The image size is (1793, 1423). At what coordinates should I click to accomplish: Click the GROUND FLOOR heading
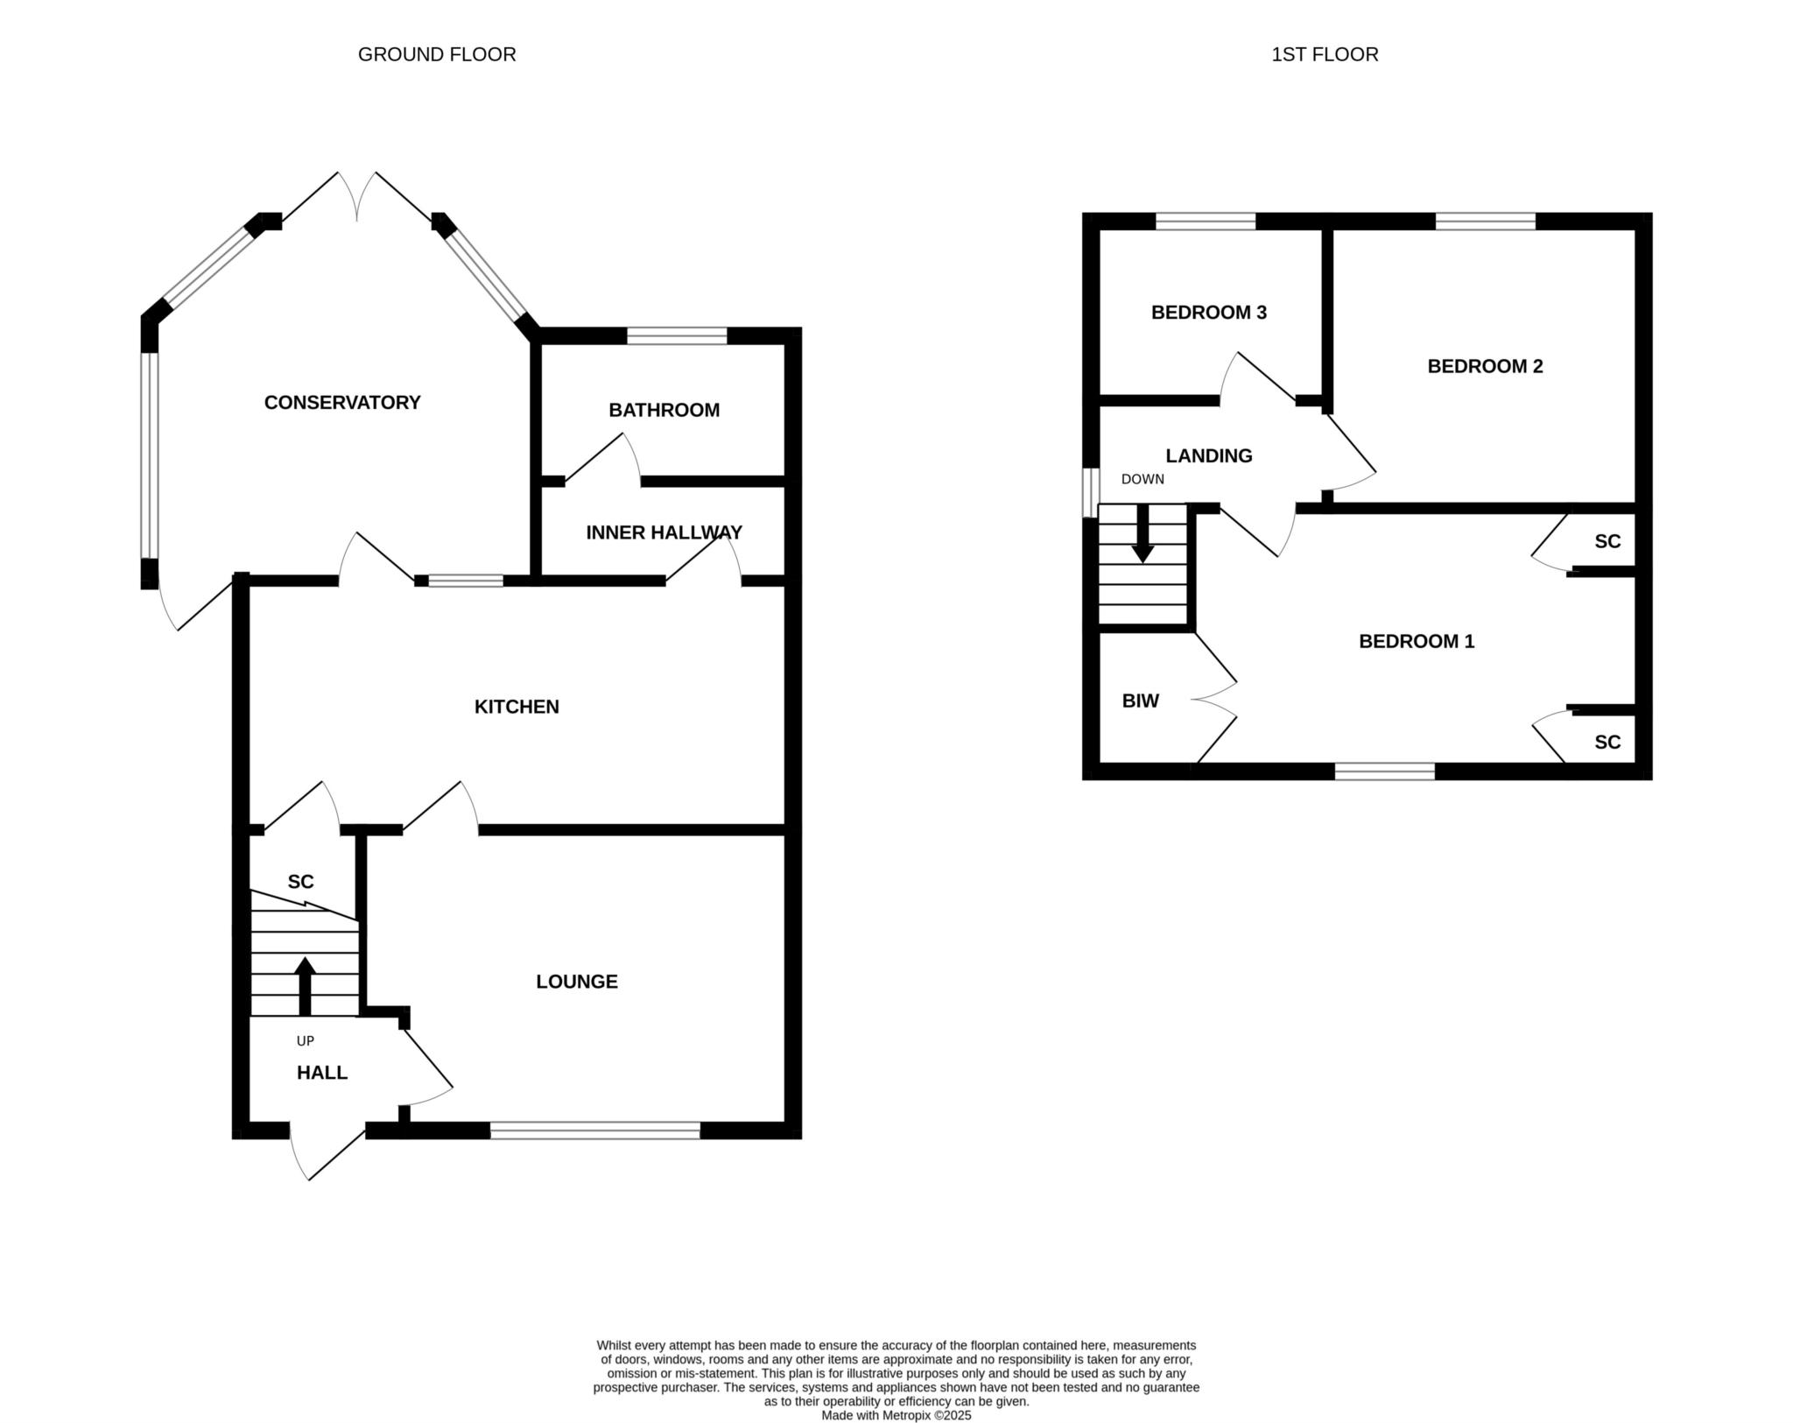pos(437,54)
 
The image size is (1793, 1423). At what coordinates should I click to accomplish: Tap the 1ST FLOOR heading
pos(1325,54)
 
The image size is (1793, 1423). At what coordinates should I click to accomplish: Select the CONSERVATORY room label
pos(342,402)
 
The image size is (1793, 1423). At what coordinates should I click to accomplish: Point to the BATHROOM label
pos(664,410)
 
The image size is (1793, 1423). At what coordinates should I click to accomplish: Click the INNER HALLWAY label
pos(664,532)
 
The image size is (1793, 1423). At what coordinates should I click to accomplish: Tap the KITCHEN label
pos(517,707)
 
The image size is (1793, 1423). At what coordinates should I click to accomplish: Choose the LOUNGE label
pos(577,982)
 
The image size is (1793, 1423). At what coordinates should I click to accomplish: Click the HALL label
pos(322,1073)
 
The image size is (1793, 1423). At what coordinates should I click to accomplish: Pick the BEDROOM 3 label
pos(1209,313)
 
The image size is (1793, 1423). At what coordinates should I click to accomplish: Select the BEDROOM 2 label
pos(1485,366)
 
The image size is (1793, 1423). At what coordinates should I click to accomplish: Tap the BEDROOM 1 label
pos(1417,641)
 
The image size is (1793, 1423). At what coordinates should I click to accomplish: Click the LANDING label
pos(1209,455)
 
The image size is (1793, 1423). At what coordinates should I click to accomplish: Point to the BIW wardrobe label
pos(1141,701)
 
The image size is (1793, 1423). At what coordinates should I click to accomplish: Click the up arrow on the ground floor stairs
pos(305,987)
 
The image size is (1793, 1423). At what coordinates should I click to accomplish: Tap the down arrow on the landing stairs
pos(1143,533)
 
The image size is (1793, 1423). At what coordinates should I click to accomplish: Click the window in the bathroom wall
pos(677,335)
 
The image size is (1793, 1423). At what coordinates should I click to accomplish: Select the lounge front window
pos(595,1131)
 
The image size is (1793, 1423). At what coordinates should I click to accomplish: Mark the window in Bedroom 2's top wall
pos(1486,222)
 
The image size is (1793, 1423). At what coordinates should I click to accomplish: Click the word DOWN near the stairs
pos(1143,480)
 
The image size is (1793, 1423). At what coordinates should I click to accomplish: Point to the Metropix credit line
pos(896,1415)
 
